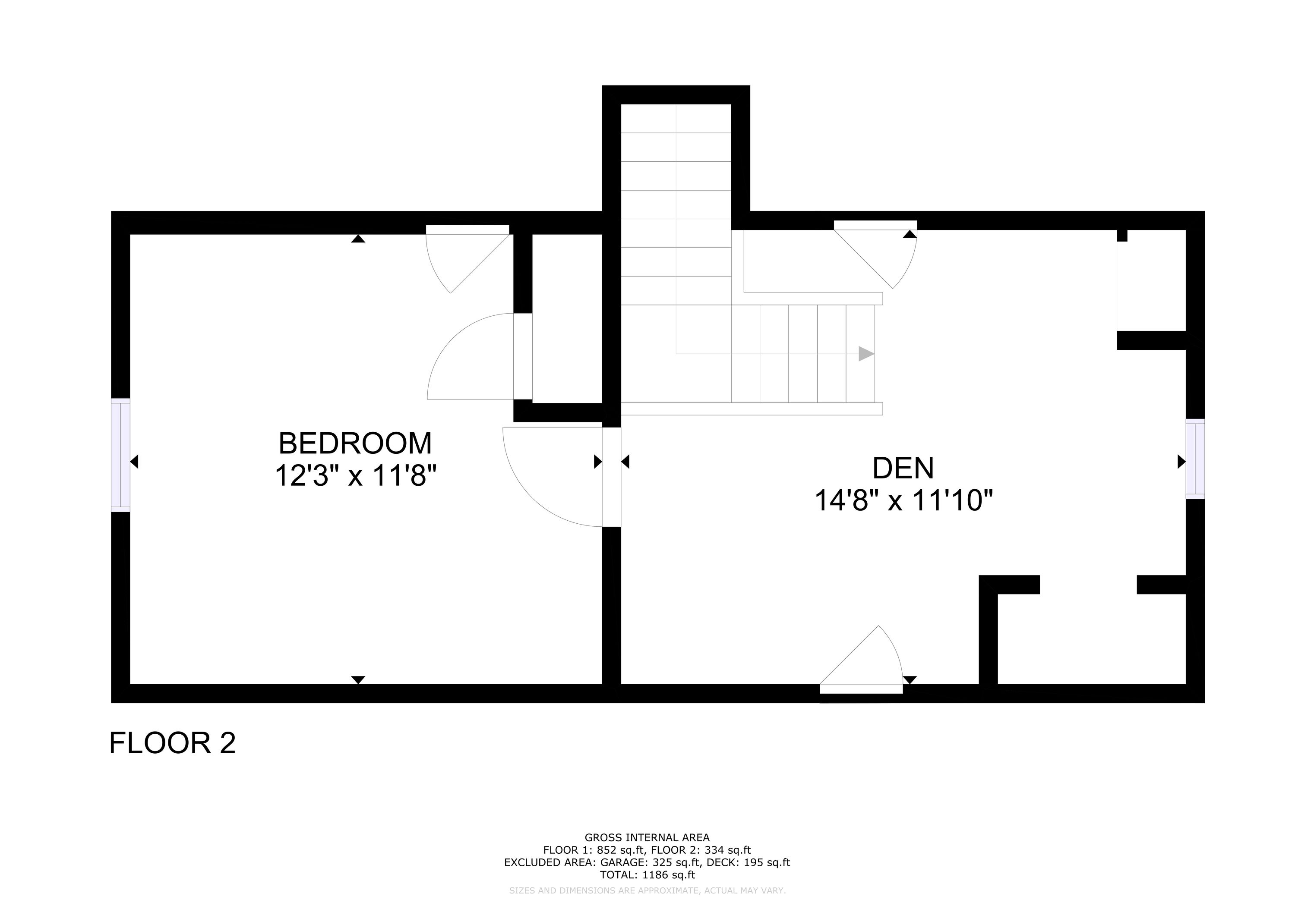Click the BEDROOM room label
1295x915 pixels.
pos(355,443)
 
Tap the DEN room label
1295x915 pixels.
pos(903,468)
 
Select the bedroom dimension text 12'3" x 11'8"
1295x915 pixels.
pos(356,475)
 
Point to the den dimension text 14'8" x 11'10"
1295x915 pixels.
pos(903,500)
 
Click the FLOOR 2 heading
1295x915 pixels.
pos(172,743)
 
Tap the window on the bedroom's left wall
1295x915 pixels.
pos(121,455)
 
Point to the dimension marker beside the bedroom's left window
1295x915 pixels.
pos(134,462)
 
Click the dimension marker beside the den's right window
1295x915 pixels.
pos(1181,462)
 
